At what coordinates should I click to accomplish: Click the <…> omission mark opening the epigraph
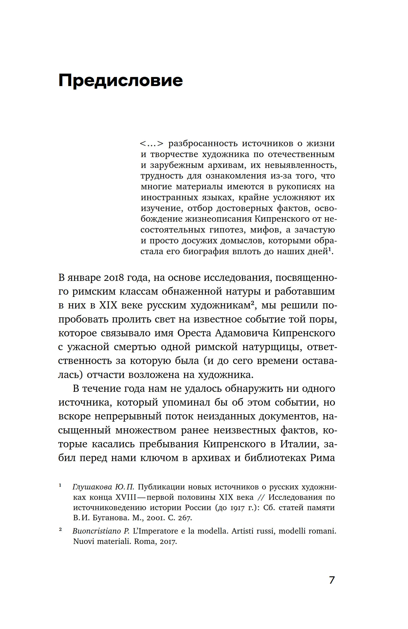tap(151, 144)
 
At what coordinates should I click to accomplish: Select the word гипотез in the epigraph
tap(225, 230)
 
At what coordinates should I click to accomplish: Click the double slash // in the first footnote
tap(261, 497)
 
